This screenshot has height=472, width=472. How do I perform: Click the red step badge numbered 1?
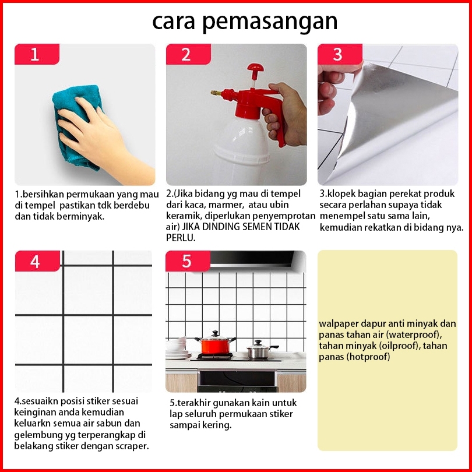37,54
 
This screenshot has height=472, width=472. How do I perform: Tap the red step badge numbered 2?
188,54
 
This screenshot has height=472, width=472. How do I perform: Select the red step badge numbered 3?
340,54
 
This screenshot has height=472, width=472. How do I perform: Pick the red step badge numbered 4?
37,261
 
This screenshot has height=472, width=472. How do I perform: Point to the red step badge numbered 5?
188,261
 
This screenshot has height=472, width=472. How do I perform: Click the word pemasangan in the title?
270,22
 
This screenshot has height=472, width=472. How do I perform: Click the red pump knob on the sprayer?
255,68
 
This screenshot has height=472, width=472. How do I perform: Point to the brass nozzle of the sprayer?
216,93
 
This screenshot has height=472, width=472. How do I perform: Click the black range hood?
252,259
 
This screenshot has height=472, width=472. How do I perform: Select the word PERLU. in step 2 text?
181,238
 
